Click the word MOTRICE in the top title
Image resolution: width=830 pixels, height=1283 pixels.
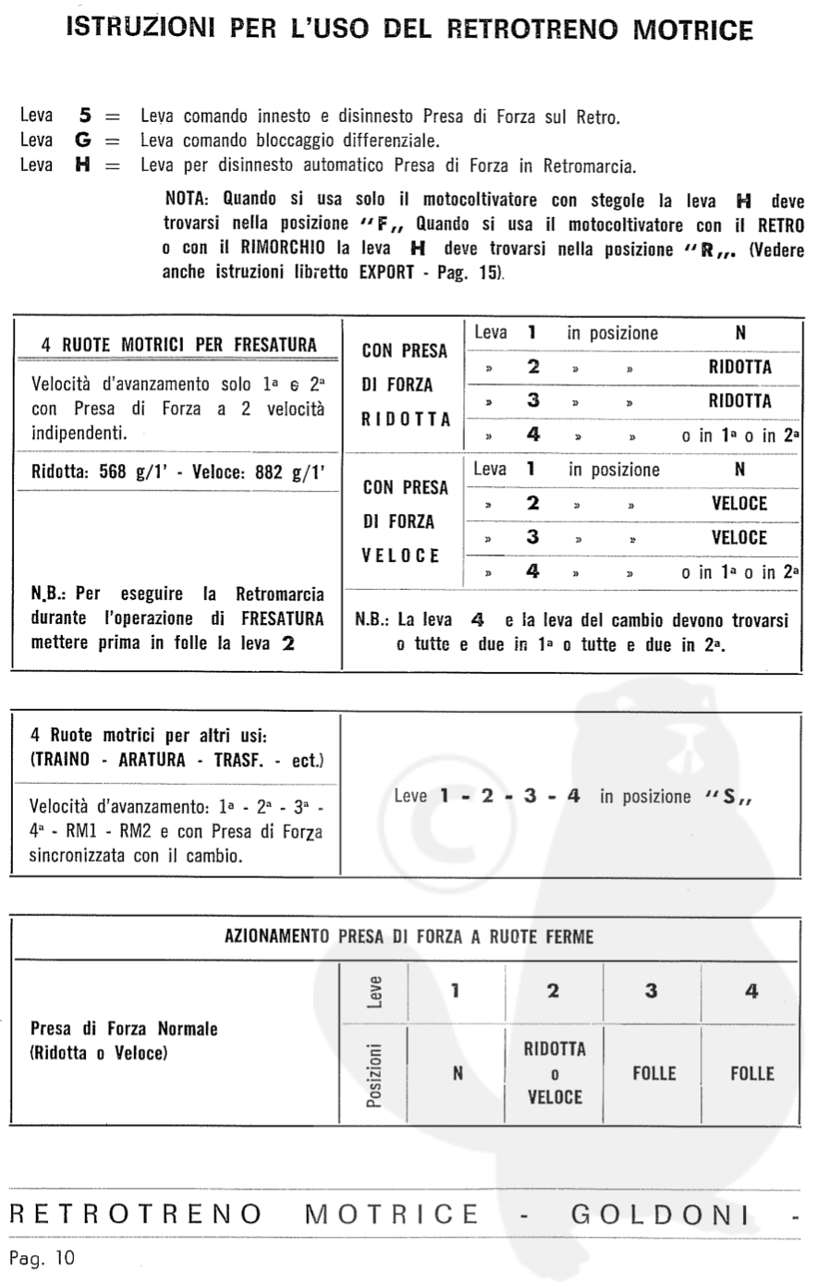coord(692,30)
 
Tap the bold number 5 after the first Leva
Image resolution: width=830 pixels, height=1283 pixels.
coord(84,116)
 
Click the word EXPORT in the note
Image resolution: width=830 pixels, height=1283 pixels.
coord(386,273)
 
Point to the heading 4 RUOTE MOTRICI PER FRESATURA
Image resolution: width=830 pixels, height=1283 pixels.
coord(178,345)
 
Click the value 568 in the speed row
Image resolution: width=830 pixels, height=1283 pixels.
coord(113,471)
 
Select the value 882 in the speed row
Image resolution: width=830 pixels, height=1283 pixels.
coord(269,471)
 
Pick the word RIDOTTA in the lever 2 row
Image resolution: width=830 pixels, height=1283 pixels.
coord(739,367)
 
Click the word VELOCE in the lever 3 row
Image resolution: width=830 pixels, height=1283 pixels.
coord(739,537)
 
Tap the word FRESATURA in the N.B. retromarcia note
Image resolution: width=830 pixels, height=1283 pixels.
coord(282,618)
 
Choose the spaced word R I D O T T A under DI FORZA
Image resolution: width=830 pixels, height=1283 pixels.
coord(406,419)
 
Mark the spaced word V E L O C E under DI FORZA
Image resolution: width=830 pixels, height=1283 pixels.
coord(401,556)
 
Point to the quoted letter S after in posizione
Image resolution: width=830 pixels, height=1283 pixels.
coord(730,797)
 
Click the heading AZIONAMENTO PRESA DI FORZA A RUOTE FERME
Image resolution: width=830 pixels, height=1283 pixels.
coord(409,936)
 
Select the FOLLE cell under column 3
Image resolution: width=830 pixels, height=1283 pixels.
coord(653,1073)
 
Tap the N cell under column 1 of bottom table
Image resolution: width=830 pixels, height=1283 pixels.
coord(458,1074)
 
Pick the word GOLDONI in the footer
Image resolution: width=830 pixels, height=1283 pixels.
coord(660,1214)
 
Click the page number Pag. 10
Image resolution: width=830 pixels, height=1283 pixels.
coord(42,1258)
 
